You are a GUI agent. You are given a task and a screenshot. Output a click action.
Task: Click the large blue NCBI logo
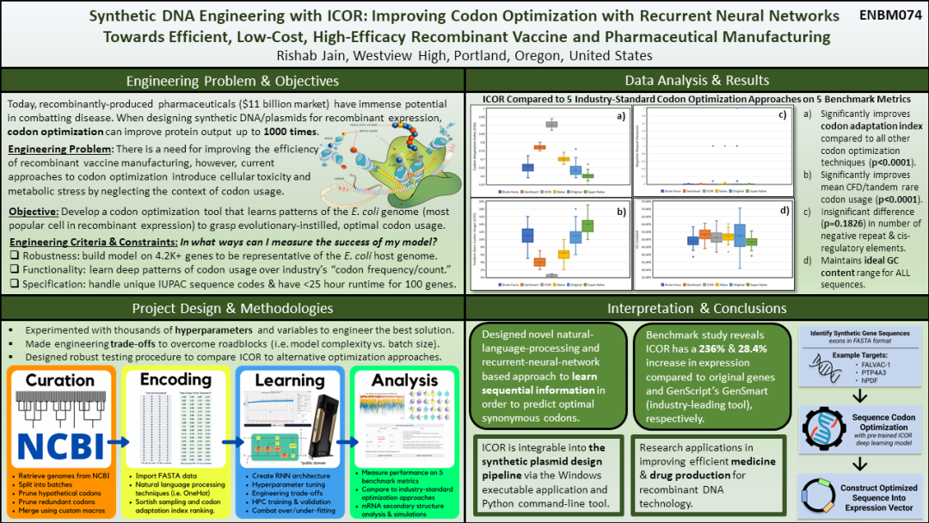[59, 443]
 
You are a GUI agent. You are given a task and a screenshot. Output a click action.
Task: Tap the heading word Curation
[59, 379]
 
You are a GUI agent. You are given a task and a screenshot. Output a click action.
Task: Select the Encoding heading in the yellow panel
[175, 379]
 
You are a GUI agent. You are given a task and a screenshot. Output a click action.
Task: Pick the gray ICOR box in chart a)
[551, 125]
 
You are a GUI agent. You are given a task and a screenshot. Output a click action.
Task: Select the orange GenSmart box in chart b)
[539, 261]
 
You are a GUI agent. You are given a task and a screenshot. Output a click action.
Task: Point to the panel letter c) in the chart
[782, 115]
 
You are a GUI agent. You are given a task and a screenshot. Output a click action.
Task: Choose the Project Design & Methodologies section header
[232, 308]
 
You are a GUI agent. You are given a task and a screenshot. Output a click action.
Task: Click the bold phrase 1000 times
[290, 132]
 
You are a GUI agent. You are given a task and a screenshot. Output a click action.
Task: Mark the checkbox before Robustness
[12, 255]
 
